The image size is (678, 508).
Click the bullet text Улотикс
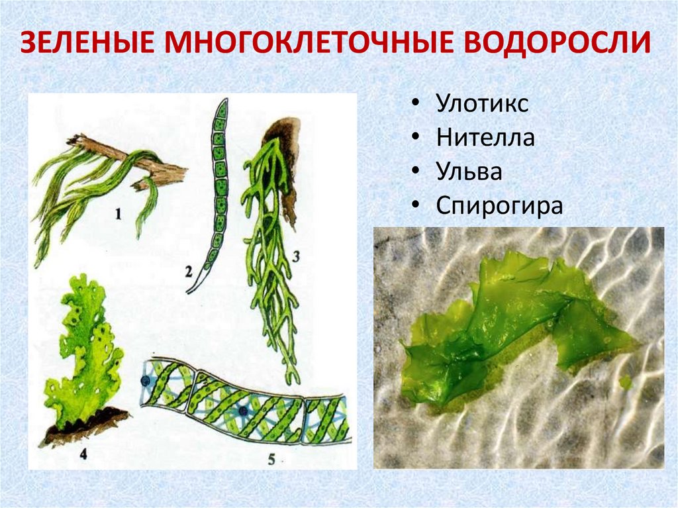click(x=481, y=104)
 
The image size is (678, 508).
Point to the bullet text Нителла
click(x=485, y=138)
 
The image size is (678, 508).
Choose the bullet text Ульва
click(x=469, y=171)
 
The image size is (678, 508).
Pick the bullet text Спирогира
click(x=499, y=206)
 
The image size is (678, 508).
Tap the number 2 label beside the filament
click(x=189, y=271)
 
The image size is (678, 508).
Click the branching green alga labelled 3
click(x=268, y=252)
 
